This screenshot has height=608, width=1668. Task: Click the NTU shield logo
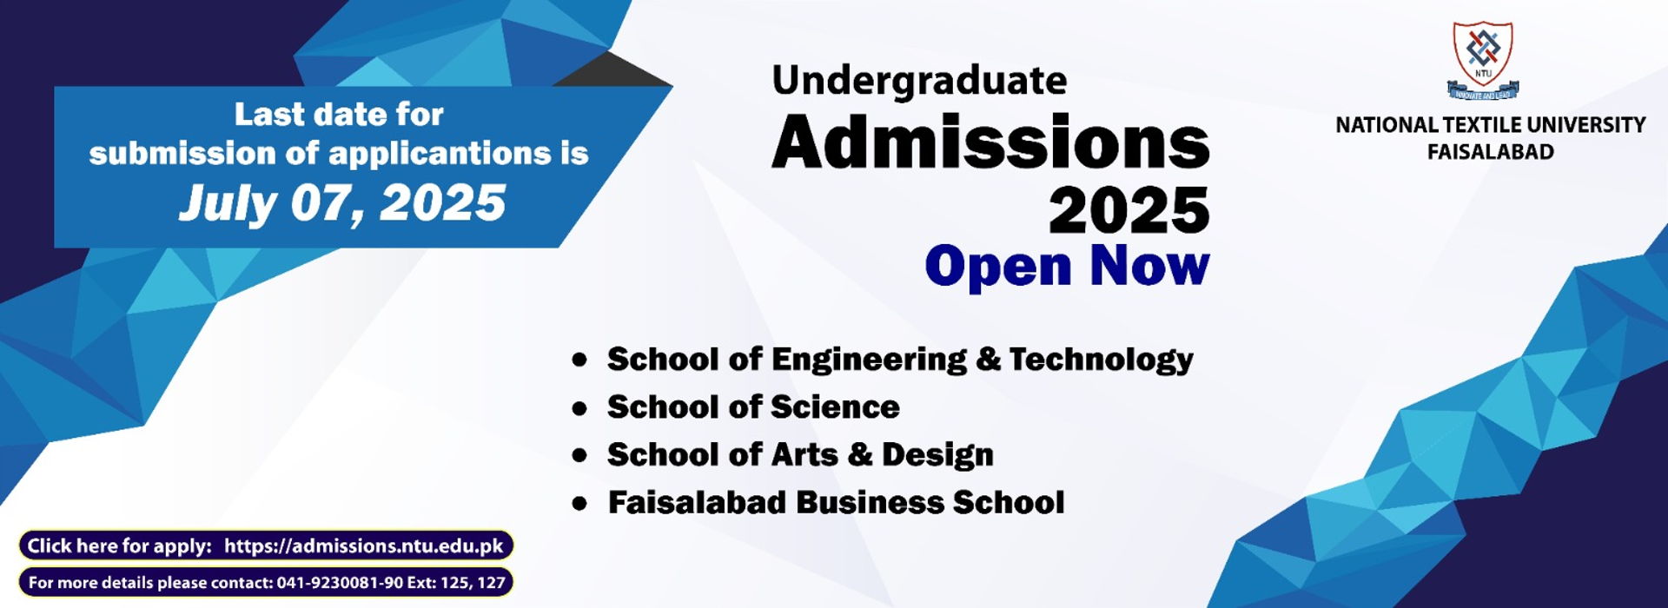point(1483,59)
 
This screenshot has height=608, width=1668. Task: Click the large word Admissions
point(990,142)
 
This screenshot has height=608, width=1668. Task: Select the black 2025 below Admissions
point(1129,209)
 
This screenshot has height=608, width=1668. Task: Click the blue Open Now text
point(1067,266)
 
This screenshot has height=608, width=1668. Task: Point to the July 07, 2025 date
point(342,203)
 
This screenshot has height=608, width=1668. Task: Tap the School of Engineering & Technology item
point(900,360)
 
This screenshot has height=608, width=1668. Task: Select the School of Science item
point(753,406)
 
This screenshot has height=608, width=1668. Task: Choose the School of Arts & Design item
point(800,454)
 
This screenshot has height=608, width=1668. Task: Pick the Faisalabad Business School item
point(836,502)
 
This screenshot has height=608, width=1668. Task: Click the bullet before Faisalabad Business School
point(579,504)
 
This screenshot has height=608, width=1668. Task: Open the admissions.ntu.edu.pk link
point(364,546)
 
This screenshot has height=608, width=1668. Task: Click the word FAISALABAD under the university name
point(1491,152)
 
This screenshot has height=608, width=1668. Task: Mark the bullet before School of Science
point(579,408)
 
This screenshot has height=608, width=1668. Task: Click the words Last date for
point(339,115)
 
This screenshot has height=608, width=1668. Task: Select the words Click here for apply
point(119,546)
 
